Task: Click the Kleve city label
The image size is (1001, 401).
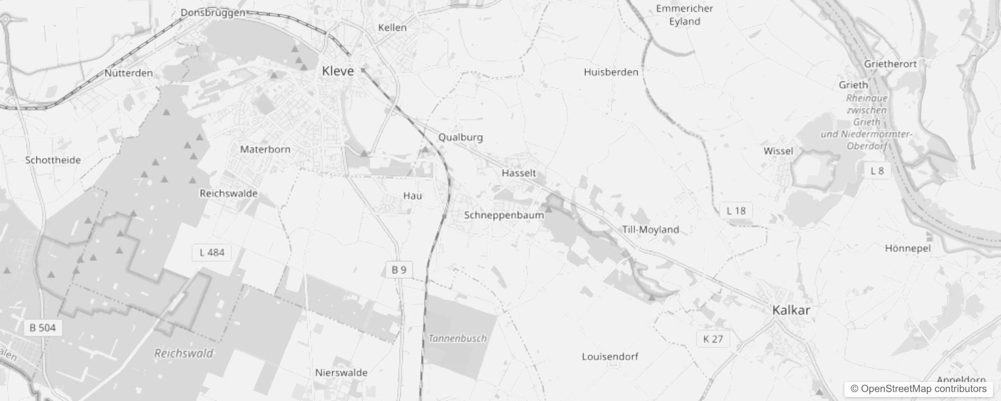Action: [x=338, y=71]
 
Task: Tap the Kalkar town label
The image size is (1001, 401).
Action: [x=791, y=310]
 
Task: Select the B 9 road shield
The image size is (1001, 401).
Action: [x=399, y=270]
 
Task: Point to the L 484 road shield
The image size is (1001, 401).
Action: [x=212, y=252]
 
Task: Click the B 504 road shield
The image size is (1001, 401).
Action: [x=43, y=328]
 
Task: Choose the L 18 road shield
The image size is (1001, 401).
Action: [x=736, y=211]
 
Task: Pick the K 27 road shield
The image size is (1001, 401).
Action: [x=713, y=339]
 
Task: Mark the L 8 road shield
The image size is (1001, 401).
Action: [x=877, y=171]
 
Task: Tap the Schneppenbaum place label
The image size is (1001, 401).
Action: [x=504, y=215]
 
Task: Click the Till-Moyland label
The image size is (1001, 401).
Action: [x=650, y=230]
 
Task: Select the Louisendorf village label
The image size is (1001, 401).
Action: [x=610, y=356]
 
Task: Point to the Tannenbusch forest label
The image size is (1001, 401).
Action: [x=457, y=338]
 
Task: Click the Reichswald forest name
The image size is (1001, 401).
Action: [x=184, y=353]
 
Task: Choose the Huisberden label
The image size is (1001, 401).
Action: [x=611, y=72]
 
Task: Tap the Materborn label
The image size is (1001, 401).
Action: [x=265, y=149]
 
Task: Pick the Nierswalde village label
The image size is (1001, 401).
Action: [x=341, y=372]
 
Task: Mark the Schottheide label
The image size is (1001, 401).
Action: [x=53, y=160]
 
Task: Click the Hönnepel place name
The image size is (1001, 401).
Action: [x=908, y=248]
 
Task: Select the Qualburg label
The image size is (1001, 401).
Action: [x=460, y=137]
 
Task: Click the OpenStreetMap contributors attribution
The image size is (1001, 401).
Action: [x=918, y=389]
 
